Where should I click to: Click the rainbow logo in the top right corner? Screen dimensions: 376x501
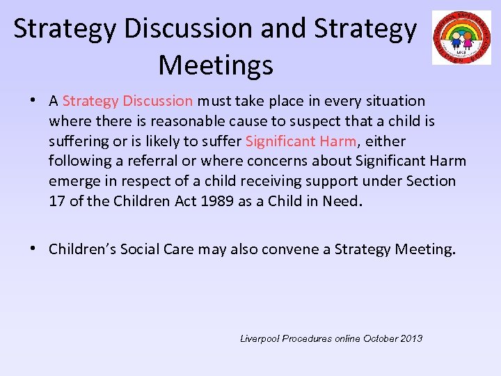click(461, 38)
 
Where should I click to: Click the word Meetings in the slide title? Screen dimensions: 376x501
click(216, 65)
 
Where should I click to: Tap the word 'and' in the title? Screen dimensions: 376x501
click(285, 29)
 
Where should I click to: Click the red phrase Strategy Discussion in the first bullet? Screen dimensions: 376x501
click(127, 101)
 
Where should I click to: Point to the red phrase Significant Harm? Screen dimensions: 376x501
click(301, 141)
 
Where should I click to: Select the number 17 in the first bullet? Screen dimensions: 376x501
click(56, 202)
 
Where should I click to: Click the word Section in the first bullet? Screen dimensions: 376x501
click(431, 182)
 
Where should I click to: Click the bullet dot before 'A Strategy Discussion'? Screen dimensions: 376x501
click(33, 101)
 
